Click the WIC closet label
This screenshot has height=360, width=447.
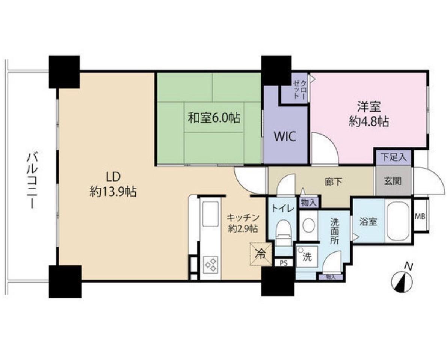284,136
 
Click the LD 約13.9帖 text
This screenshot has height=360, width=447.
113,185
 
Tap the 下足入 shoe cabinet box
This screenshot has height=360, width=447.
393,157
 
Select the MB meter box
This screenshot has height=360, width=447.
420,216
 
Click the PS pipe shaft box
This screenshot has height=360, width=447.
284,263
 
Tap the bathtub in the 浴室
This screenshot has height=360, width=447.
398,221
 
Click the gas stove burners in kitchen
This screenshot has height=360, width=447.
210,263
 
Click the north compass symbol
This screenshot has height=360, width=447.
402,280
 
